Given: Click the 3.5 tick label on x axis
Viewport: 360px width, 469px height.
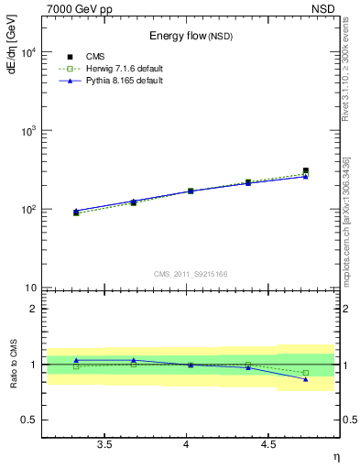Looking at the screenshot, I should point(104,445).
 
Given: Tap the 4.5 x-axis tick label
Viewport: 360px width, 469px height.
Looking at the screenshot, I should point(267,445).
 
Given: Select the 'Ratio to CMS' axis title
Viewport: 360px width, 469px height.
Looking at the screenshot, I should point(12,365).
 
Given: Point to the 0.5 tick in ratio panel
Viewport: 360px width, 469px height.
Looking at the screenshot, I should point(29,420).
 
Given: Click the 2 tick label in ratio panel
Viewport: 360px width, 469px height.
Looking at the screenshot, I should point(34,309).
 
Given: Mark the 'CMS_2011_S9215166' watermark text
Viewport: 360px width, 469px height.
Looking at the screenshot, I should point(190,273).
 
